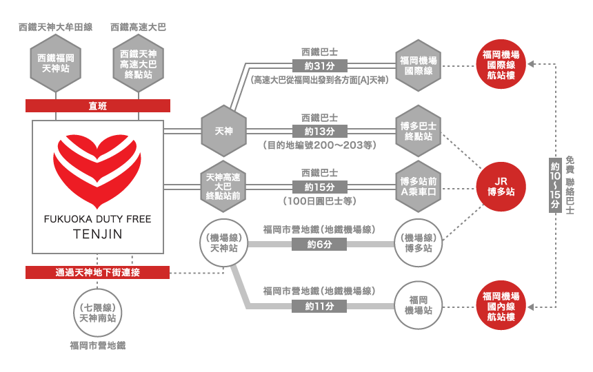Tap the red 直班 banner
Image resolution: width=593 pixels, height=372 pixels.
point(97,105)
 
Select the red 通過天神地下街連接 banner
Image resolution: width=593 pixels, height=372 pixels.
point(97,272)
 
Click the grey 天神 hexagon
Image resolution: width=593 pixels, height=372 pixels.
point(224,130)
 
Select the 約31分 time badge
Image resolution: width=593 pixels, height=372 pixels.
point(319,66)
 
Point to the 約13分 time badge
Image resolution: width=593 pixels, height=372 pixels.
point(319,130)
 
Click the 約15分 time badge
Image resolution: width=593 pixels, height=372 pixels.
point(319,187)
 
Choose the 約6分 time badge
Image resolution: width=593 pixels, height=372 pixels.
point(319,244)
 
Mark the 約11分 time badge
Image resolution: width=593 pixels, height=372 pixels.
point(319,306)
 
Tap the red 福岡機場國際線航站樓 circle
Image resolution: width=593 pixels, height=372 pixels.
point(505,65)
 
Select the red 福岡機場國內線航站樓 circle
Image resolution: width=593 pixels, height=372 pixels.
point(505,307)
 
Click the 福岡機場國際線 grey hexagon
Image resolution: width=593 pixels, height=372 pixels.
point(418,65)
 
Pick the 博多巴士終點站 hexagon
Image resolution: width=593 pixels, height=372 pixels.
point(418,130)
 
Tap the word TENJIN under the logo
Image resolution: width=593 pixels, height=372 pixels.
point(97,235)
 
